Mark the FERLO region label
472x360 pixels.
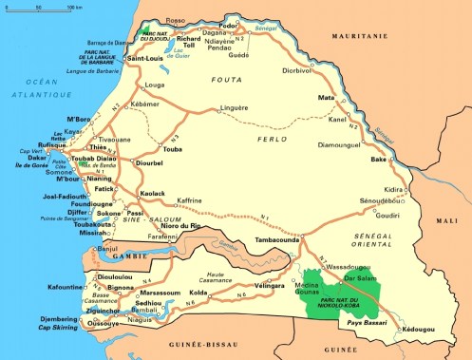click(x=272, y=140)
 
